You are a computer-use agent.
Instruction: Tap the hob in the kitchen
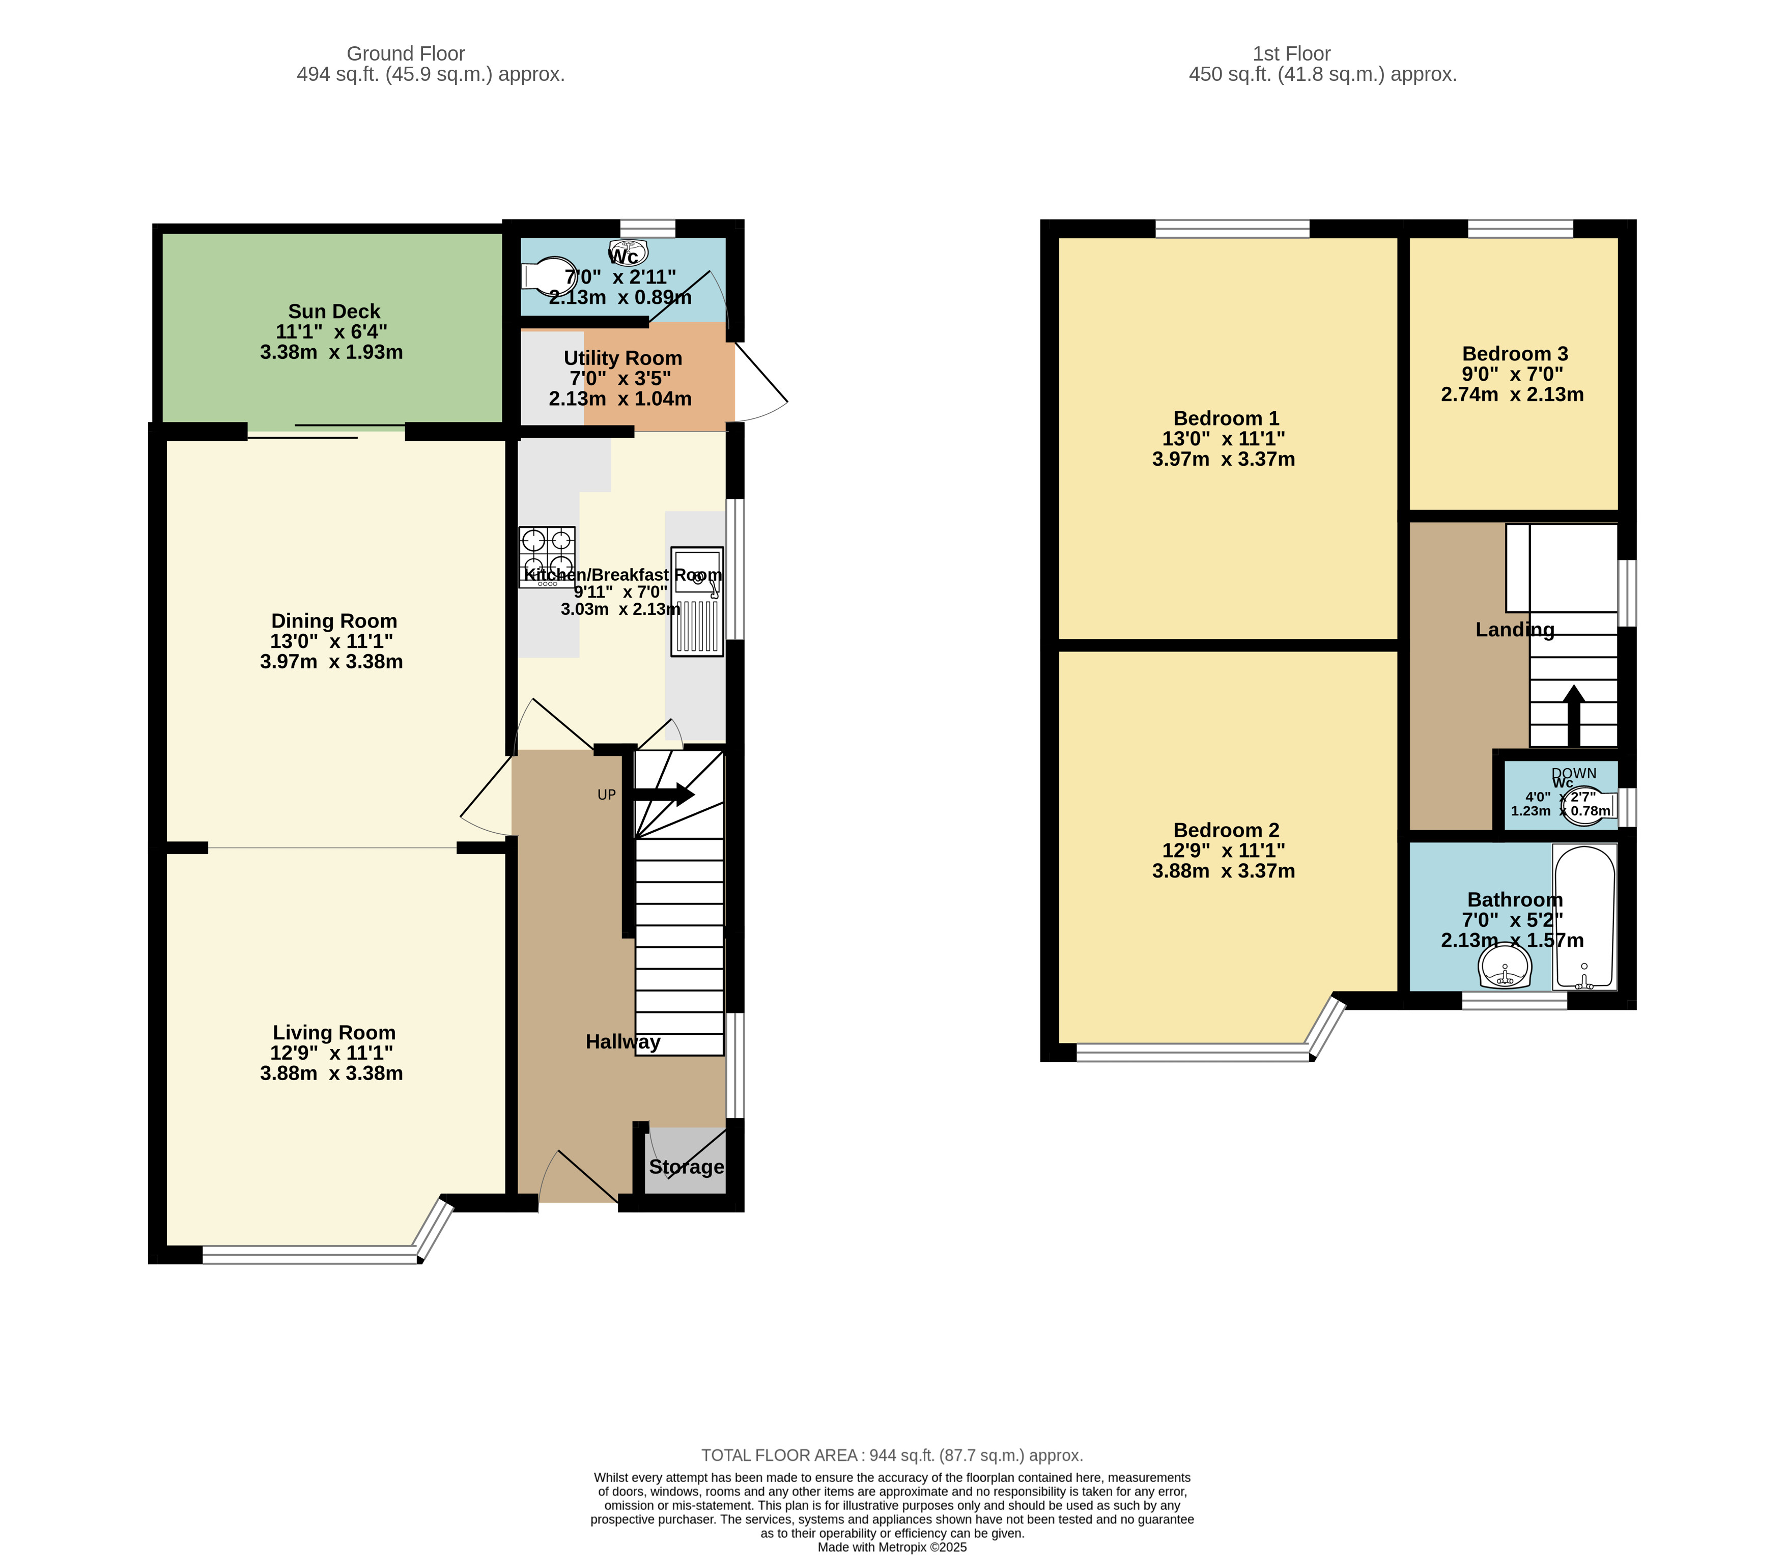(x=547, y=557)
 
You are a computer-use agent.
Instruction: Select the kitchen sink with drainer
(x=697, y=601)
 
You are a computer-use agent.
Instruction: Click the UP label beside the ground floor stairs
(x=607, y=795)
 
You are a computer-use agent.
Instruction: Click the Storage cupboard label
(x=687, y=1167)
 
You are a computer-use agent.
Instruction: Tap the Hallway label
(x=623, y=1042)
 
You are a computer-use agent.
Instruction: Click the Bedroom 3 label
(x=1515, y=354)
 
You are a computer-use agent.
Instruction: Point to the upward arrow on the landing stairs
(x=1573, y=715)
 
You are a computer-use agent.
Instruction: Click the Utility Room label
(x=623, y=358)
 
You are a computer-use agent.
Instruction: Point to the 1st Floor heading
(x=1291, y=54)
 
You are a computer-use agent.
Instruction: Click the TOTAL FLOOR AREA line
(x=892, y=1455)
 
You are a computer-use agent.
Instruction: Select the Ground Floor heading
(x=406, y=54)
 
